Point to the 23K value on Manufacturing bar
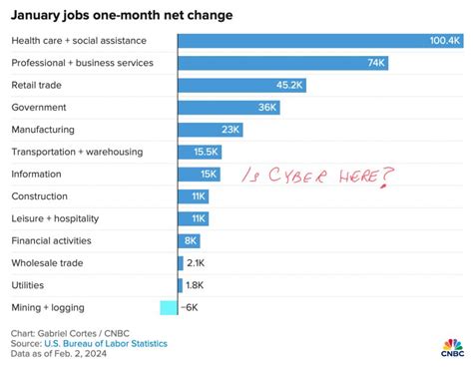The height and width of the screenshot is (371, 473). tap(231, 130)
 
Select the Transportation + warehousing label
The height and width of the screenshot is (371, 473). tap(77, 152)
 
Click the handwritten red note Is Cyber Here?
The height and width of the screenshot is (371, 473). tap(318, 176)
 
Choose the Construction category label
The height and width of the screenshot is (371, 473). tap(39, 196)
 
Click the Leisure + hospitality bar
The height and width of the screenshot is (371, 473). tap(193, 218)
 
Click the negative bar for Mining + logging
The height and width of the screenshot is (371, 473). tap(168, 307)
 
